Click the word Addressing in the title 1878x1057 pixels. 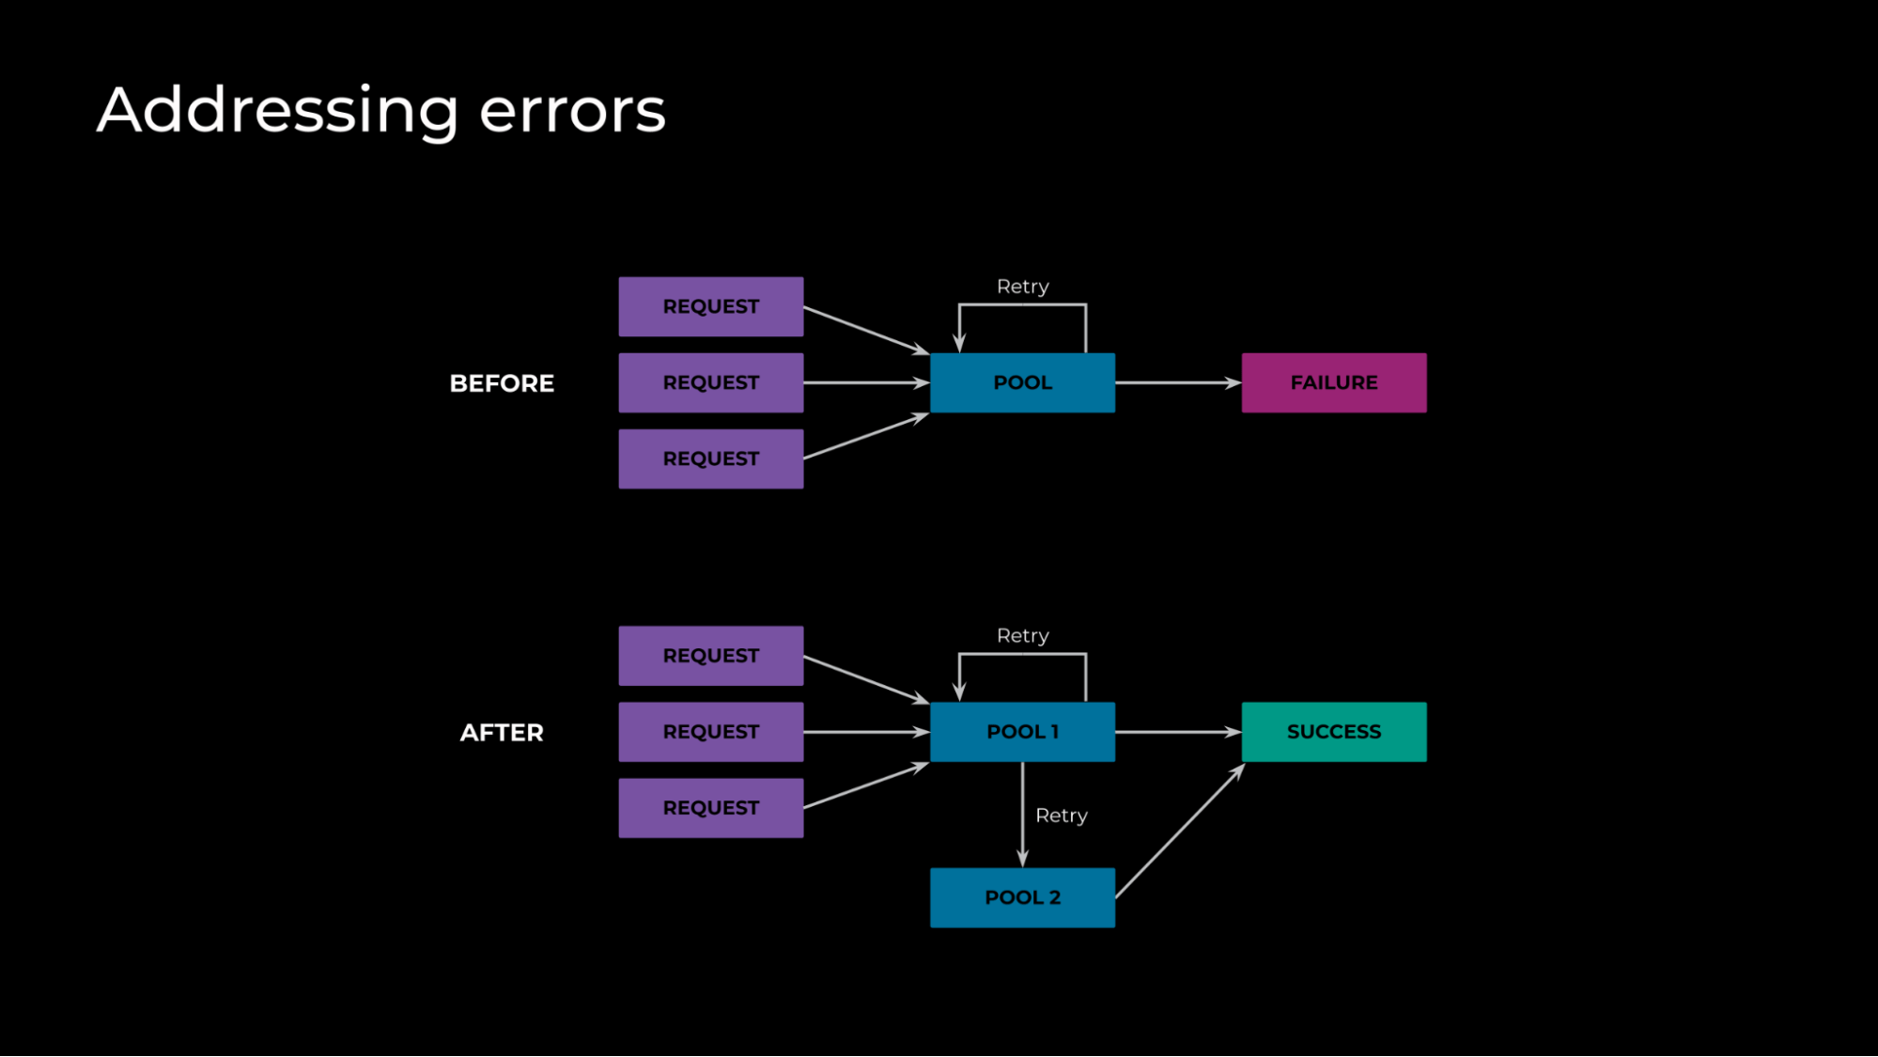click(x=278, y=111)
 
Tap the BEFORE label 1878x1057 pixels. click(x=502, y=383)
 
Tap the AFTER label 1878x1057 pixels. click(x=502, y=733)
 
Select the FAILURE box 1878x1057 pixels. click(x=1333, y=382)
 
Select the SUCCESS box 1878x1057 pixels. click(x=1333, y=732)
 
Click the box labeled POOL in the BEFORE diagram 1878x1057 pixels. click(x=1022, y=382)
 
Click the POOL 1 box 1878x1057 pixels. click(x=1022, y=732)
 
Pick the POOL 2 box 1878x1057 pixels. click(x=1022, y=897)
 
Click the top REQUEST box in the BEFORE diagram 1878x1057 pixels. click(x=710, y=306)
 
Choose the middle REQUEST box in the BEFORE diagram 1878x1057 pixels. click(x=710, y=382)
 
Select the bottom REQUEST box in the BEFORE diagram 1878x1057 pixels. click(x=710, y=459)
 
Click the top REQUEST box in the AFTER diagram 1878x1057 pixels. click(x=710, y=656)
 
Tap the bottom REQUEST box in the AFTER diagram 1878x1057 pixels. click(x=710, y=808)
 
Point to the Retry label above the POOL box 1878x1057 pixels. click(x=1022, y=287)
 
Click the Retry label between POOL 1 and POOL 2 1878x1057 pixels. click(x=1061, y=816)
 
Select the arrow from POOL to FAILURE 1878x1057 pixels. click(x=1178, y=382)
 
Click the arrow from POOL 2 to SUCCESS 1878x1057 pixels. click(x=1180, y=831)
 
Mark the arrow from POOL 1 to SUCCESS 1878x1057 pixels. click(x=1178, y=732)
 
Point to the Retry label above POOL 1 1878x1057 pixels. click(x=1022, y=636)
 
